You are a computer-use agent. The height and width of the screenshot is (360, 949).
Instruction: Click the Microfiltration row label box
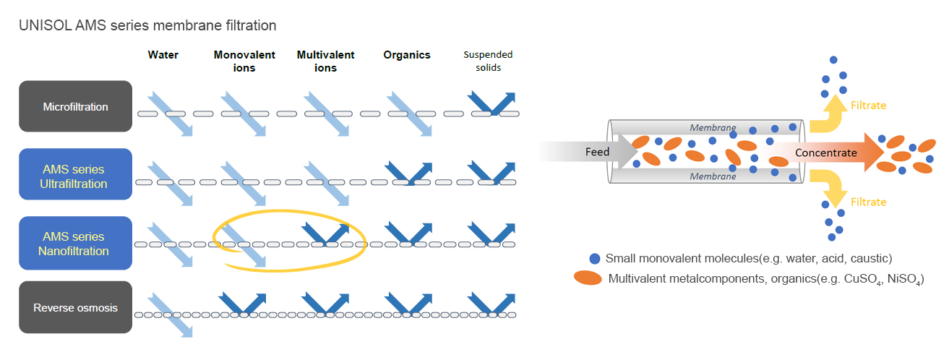(x=75, y=106)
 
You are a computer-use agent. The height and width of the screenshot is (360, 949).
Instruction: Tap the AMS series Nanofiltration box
(x=75, y=243)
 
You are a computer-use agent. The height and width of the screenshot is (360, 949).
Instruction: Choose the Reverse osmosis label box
(x=75, y=307)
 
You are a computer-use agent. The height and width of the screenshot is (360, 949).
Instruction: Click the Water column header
(x=163, y=54)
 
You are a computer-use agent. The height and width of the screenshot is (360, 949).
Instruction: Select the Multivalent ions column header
(x=325, y=61)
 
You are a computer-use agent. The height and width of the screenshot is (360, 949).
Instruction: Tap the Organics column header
(x=407, y=54)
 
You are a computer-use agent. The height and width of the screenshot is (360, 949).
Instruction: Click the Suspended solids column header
(x=488, y=61)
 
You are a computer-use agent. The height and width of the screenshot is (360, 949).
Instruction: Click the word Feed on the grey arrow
(x=597, y=152)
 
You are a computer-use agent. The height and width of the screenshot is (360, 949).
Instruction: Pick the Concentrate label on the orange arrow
(x=825, y=153)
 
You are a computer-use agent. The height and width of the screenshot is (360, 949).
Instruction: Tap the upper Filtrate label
(x=867, y=106)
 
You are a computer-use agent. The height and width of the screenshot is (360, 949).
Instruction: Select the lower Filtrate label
(x=867, y=202)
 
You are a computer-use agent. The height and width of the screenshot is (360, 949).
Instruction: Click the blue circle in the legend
(x=595, y=257)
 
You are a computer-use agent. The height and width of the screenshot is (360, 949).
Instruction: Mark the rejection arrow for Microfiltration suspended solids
(x=491, y=103)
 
